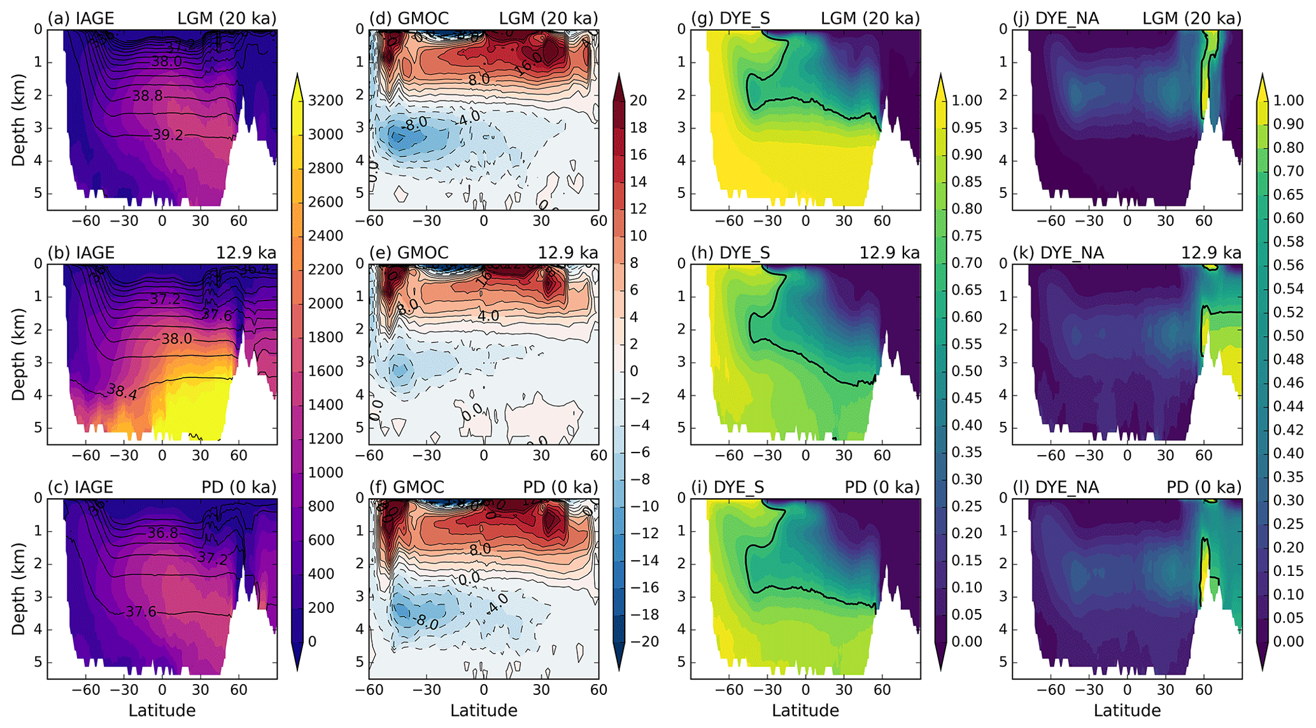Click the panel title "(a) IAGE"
(81, 18)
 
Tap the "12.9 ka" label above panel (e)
(568, 253)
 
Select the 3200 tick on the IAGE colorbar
(325, 101)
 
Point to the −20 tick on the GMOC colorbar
(645, 641)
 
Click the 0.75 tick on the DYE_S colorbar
(966, 236)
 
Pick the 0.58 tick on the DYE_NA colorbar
(1287, 242)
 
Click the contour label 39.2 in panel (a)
(167, 135)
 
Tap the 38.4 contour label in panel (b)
(122, 391)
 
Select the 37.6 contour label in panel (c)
(141, 612)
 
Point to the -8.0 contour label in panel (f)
(424, 622)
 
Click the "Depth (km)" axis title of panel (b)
(18, 354)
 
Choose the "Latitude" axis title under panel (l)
(1127, 710)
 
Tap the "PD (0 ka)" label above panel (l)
(1204, 487)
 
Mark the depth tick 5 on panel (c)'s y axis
(38, 662)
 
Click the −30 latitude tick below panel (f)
(427, 689)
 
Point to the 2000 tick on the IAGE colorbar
(325, 304)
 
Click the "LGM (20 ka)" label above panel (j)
(1192, 18)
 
